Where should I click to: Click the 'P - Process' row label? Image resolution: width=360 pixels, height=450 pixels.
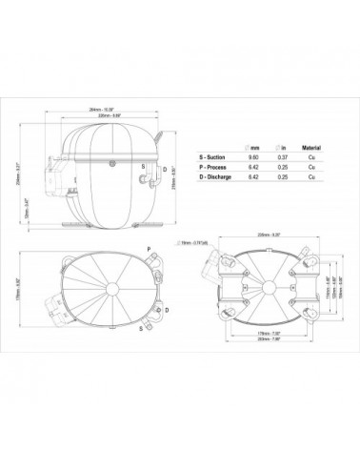pyautogui.click(x=215, y=168)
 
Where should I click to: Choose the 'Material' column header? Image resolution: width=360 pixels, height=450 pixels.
pyautogui.click(x=311, y=148)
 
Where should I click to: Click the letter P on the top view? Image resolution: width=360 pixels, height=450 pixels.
pyautogui.click(x=150, y=248)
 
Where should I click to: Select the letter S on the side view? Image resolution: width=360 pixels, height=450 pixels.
pyautogui.click(x=143, y=166)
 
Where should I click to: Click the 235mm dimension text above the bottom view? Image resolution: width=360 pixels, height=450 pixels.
pyautogui.click(x=255, y=234)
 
